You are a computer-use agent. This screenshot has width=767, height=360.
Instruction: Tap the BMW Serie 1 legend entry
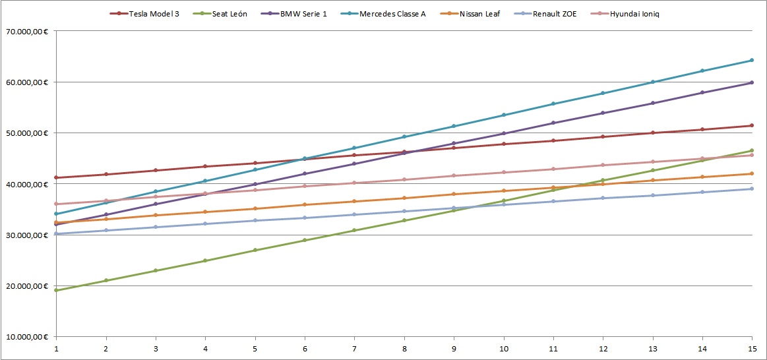(299, 14)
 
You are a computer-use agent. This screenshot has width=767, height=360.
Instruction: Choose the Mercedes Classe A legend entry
(392, 14)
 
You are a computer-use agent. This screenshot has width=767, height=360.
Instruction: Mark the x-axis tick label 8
(404, 348)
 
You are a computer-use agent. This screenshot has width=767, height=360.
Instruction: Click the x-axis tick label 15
(751, 348)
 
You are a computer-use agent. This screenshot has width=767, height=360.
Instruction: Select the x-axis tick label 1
(57, 348)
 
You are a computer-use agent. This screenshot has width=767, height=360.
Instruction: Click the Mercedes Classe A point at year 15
(752, 60)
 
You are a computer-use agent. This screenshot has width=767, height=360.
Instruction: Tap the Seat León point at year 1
(57, 290)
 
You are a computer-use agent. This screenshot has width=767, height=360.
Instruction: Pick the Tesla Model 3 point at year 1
(57, 177)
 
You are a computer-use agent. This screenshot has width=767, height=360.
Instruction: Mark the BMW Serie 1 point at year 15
(752, 82)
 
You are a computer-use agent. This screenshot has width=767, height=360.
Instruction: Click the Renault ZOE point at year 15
(752, 189)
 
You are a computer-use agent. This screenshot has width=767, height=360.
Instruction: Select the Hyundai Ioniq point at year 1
(57, 204)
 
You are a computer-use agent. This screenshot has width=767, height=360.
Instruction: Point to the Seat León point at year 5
(255, 250)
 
